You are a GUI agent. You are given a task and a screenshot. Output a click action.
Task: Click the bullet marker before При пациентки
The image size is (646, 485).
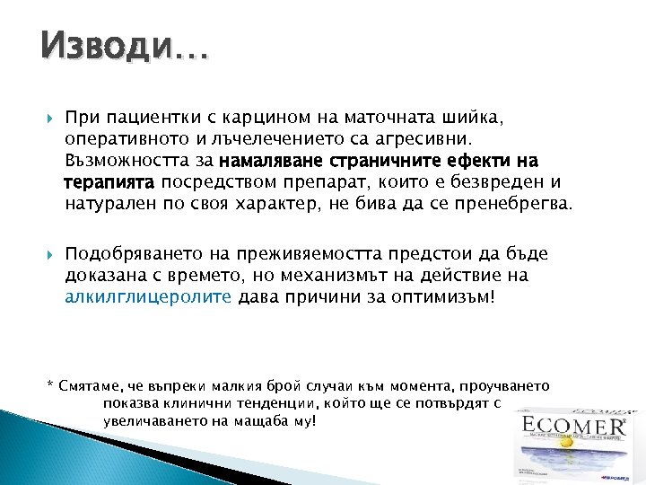(x=49, y=118)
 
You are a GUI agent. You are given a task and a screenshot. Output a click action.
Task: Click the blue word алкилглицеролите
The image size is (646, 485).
(x=148, y=297)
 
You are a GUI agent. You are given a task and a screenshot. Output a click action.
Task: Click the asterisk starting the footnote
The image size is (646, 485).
(x=49, y=385)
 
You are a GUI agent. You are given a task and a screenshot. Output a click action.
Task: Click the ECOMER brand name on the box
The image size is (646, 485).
(x=574, y=424)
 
